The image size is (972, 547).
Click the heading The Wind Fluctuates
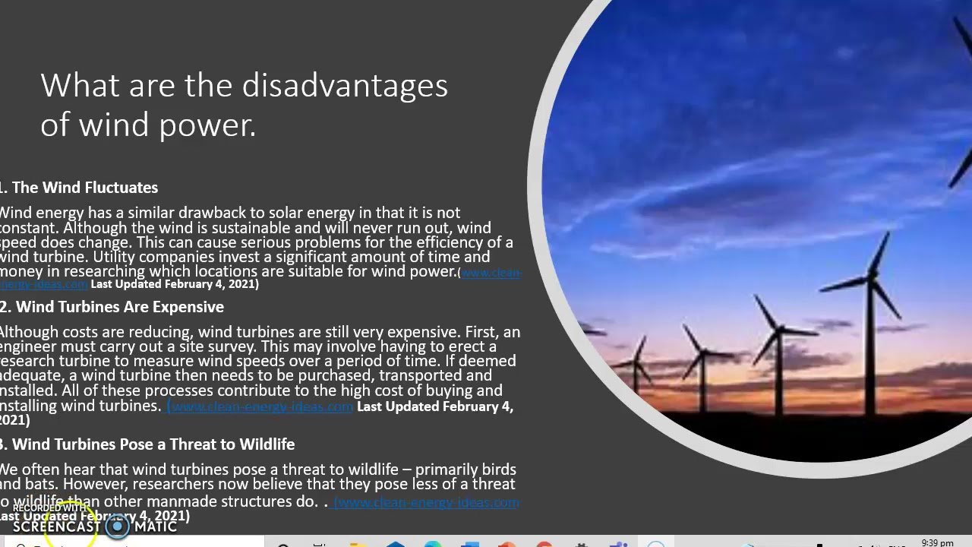click(x=84, y=188)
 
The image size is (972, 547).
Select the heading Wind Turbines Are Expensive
click(x=119, y=307)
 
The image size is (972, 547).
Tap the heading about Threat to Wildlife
click(x=153, y=444)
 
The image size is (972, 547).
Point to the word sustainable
click(x=251, y=228)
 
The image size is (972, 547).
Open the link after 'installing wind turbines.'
click(x=260, y=406)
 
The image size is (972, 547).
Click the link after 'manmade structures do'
click(x=426, y=502)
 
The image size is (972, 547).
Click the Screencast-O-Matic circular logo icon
click(x=118, y=526)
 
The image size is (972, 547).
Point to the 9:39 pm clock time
click(x=936, y=542)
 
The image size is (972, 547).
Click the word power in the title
click(x=209, y=125)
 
